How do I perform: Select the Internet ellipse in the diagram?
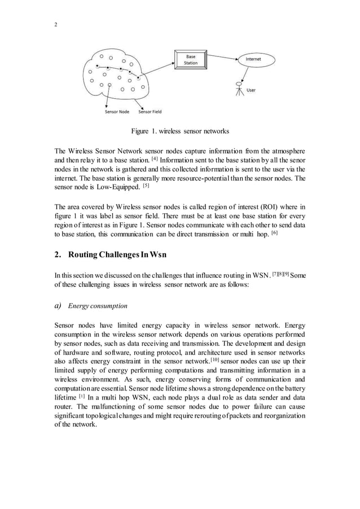coord(253,59)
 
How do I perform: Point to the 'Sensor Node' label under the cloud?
coord(117,112)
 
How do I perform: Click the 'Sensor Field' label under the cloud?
coord(150,112)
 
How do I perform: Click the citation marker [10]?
coord(212,359)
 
